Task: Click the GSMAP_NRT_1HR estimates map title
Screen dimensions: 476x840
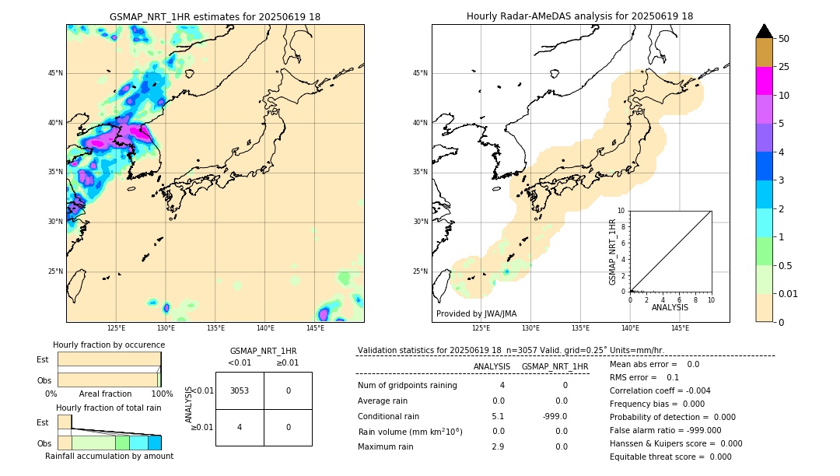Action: pyautogui.click(x=215, y=16)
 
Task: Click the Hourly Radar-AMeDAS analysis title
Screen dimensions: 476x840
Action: pyautogui.click(x=580, y=16)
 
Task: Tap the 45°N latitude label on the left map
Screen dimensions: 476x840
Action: pyautogui.click(x=55, y=73)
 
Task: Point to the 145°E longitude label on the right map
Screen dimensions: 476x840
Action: pyautogui.click(x=680, y=328)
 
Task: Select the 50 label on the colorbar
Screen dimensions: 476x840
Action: pyautogui.click(x=784, y=39)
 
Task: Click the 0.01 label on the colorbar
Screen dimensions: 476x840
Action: pyautogui.click(x=789, y=293)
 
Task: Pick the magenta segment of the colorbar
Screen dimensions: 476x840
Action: pyautogui.click(x=764, y=81)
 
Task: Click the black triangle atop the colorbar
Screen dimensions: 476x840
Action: pyautogui.click(x=764, y=31)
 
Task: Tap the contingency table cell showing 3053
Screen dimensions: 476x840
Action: pyautogui.click(x=240, y=390)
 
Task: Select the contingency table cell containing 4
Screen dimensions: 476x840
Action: pyautogui.click(x=240, y=427)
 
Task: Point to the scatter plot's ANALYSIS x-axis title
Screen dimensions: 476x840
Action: pyautogui.click(x=670, y=308)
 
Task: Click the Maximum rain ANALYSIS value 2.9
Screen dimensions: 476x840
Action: pyautogui.click(x=498, y=446)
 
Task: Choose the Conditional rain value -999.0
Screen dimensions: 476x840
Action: pyautogui.click(x=555, y=416)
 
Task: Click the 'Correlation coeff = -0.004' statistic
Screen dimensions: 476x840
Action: pyautogui.click(x=660, y=390)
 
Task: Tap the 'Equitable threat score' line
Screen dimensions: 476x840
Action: pyautogui.click(x=670, y=457)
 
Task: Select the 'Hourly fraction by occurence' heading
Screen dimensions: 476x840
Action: pyautogui.click(x=109, y=345)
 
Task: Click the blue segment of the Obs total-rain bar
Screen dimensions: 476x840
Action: pyautogui.click(x=155, y=443)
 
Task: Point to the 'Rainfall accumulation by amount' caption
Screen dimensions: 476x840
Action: pyautogui.click(x=109, y=456)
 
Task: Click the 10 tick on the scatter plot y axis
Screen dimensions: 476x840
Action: pyautogui.click(x=622, y=211)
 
